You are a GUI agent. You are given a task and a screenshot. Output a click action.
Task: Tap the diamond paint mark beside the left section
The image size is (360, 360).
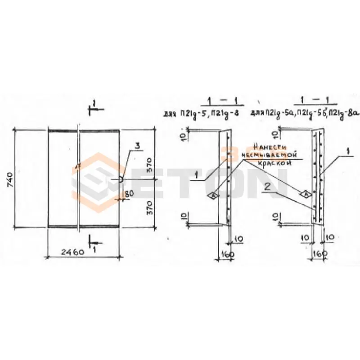pyautogui.click(x=211, y=195)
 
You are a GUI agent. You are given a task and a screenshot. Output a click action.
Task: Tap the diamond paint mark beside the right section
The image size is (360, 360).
pyautogui.click(x=305, y=194)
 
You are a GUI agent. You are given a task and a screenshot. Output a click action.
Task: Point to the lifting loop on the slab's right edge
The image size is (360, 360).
pyautogui.click(x=121, y=179)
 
